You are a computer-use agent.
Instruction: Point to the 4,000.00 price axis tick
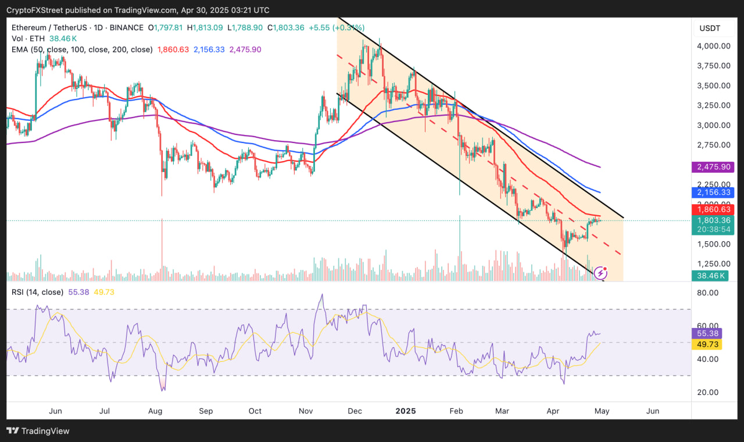click(x=713, y=46)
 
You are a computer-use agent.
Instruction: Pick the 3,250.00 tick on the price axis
click(x=713, y=105)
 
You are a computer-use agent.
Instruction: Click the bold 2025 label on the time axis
click(x=405, y=411)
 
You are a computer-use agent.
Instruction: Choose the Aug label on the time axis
click(x=155, y=411)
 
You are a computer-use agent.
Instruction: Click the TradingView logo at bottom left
click(x=38, y=431)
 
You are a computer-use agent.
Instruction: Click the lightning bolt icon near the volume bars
click(x=601, y=273)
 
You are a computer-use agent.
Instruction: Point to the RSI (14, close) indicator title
click(x=37, y=292)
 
